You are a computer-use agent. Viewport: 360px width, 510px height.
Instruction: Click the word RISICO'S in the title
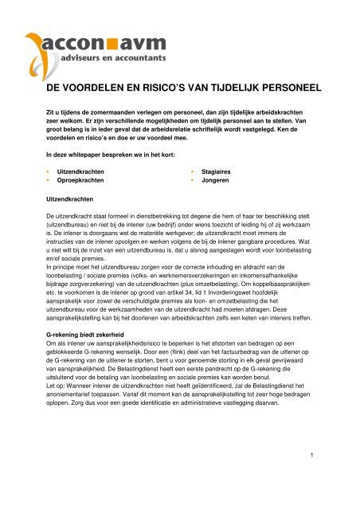point(166,91)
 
